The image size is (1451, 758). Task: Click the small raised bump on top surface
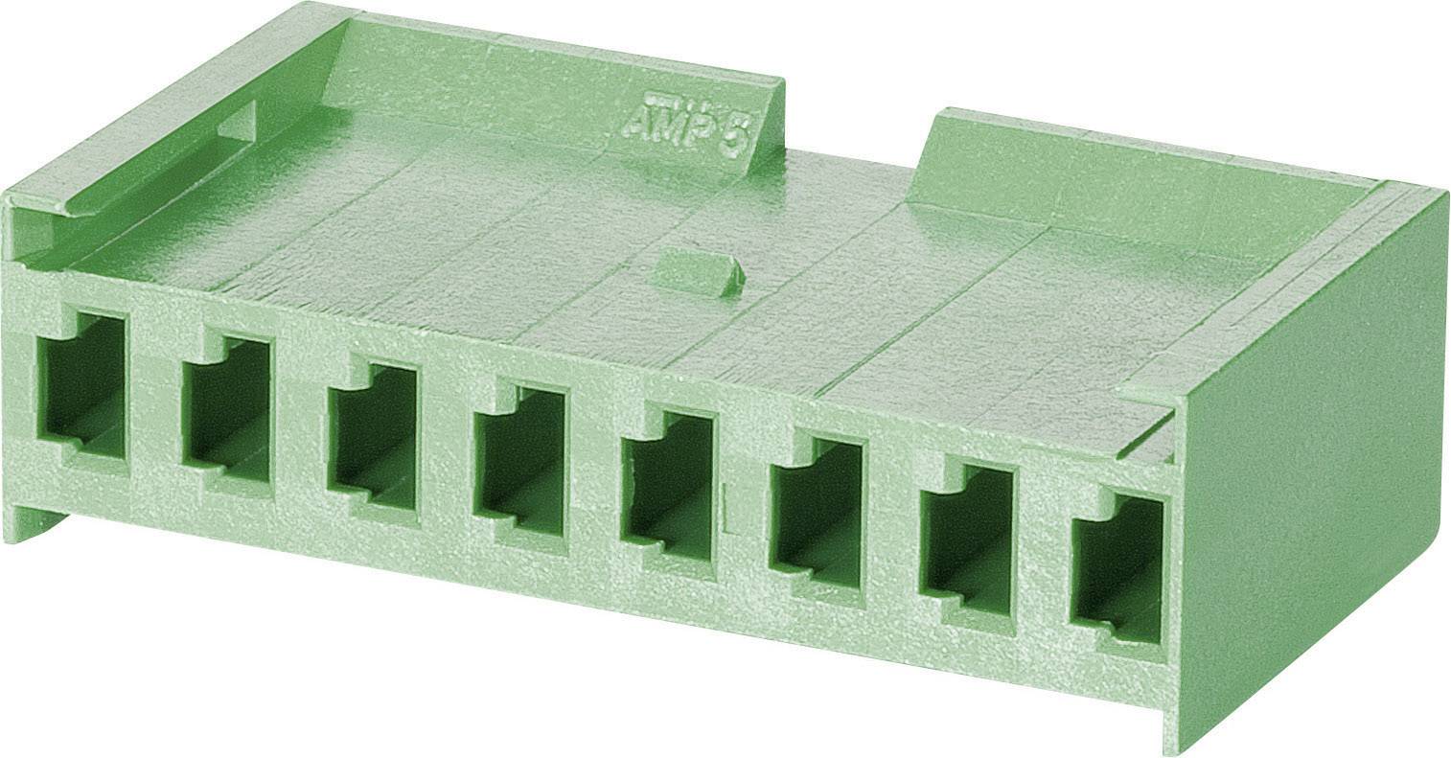[699, 269]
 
